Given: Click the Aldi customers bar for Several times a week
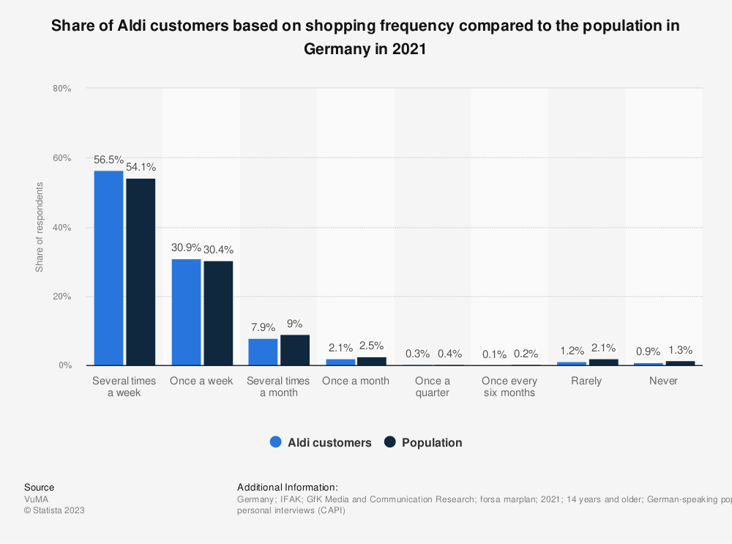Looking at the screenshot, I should (108, 268).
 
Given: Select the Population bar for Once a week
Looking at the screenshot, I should (218, 313).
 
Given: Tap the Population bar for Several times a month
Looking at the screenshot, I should (295, 350).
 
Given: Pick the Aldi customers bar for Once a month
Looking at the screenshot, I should (340, 362).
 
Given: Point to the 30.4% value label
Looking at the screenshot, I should (218, 250).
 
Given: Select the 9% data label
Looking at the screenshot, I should (295, 324).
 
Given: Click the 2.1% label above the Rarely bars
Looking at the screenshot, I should (603, 348).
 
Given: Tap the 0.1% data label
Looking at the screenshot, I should (495, 354).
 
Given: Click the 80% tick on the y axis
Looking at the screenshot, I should (61, 89).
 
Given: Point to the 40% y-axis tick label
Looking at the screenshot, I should (61, 228).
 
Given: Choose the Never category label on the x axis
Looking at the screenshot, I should (663, 381).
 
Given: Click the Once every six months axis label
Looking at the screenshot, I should (509, 387).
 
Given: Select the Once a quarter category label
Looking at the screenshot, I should (433, 387).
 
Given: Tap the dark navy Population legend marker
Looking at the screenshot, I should (390, 442).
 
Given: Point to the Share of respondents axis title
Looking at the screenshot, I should (40, 227).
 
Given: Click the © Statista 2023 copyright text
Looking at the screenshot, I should (54, 510).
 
